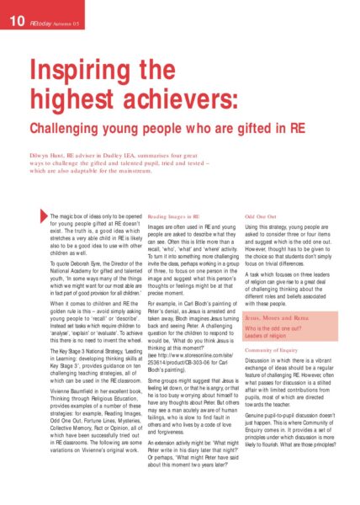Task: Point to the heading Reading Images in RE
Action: pos(178,217)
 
